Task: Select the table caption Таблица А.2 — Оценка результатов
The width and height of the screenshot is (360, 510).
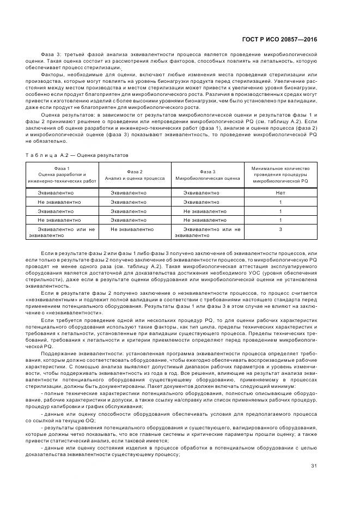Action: point(76,155)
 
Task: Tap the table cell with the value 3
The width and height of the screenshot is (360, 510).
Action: point(280,230)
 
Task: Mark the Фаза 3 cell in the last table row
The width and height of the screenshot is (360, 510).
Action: point(208,233)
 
